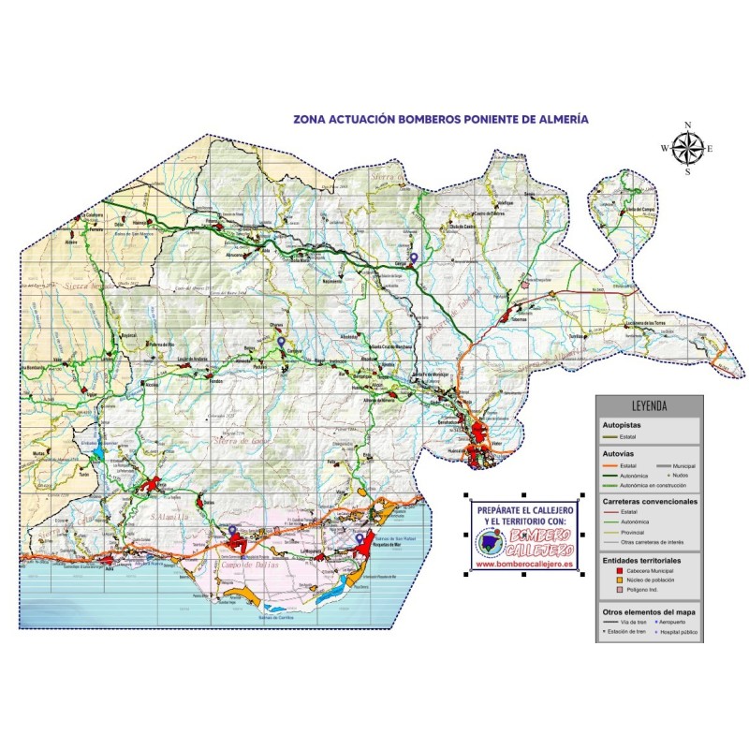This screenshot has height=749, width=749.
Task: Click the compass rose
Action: pyautogui.click(x=687, y=147)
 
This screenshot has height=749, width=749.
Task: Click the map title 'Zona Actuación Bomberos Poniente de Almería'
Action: pyautogui.click(x=441, y=120)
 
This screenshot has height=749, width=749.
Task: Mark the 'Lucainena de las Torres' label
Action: pyautogui.click(x=646, y=323)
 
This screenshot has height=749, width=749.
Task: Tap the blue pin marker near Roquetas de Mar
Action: pyautogui.click(x=359, y=538)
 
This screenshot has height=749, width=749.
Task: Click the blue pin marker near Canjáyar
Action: pyautogui.click(x=281, y=343)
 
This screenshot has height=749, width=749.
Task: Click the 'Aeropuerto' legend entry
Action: pyautogui.click(x=674, y=622)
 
